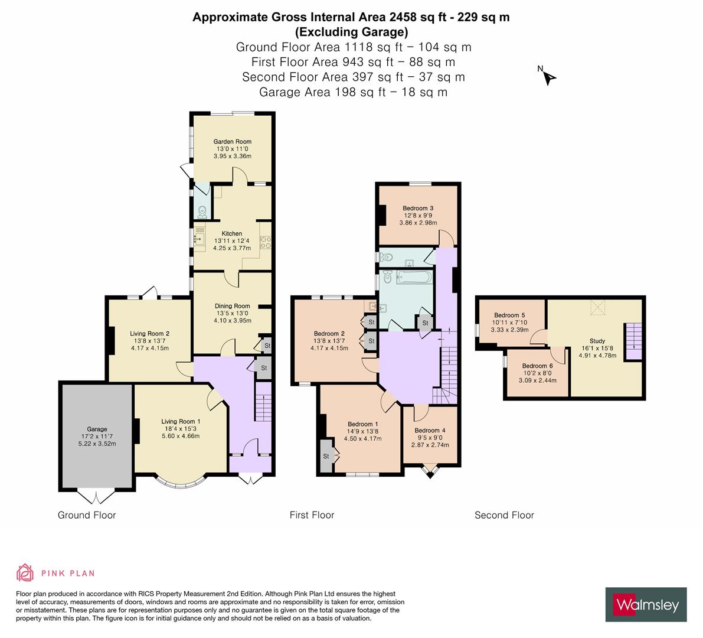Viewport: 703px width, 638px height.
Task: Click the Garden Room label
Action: coord(232,141)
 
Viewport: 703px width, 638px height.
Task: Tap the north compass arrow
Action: coord(549,77)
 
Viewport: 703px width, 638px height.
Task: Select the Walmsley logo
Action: coord(646,604)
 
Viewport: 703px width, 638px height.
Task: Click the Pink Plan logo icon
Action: coord(25,572)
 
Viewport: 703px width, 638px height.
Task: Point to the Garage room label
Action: coord(97,429)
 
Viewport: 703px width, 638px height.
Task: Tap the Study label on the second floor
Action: coord(597,340)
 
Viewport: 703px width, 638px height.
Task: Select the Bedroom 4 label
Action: coord(430,430)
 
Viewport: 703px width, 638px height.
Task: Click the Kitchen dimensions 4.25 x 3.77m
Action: coord(232,248)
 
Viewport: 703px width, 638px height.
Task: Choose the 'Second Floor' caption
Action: coord(504,515)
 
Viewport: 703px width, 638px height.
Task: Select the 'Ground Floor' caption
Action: coord(87,515)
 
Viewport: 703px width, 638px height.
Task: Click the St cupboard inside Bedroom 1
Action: coord(326,456)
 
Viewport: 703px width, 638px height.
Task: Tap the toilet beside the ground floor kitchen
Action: coord(202,210)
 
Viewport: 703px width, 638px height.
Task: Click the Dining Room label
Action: coord(232,306)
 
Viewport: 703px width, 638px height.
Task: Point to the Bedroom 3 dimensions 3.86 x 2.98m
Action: coord(418,223)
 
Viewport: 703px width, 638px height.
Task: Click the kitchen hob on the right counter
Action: coord(265,241)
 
